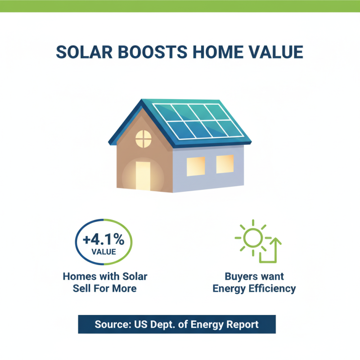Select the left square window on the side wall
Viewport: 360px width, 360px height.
[x=195, y=166]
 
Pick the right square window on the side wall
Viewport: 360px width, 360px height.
[x=225, y=164]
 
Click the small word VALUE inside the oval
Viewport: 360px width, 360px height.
[x=103, y=251]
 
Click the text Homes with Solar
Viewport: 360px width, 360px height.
[x=105, y=276]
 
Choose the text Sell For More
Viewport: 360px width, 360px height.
[x=105, y=288]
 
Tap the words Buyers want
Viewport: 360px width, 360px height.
[x=254, y=276]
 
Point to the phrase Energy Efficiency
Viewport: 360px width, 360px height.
[x=254, y=288]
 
